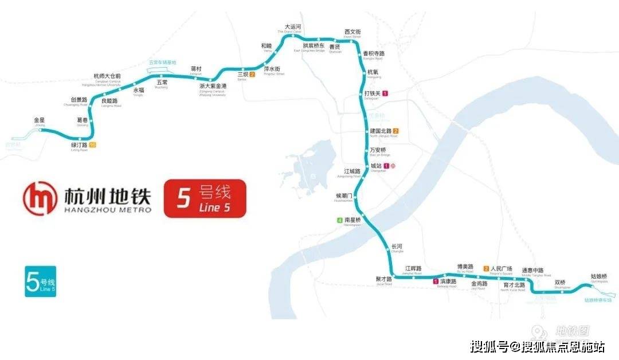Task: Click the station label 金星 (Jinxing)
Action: (39, 120)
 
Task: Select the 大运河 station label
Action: (293, 27)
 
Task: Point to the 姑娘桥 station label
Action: (598, 276)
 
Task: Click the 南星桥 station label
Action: (352, 220)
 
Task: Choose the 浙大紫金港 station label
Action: (213, 86)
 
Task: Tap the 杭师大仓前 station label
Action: (107, 76)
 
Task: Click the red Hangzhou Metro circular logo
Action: (41, 198)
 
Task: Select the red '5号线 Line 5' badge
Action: (205, 199)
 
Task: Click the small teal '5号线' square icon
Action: (41, 281)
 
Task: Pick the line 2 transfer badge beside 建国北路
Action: (395, 131)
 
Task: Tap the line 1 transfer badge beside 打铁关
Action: (386, 93)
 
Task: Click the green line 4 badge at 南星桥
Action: (339, 220)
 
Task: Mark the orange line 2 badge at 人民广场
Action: (487, 268)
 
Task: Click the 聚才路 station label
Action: (383, 279)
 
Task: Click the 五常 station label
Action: (162, 83)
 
